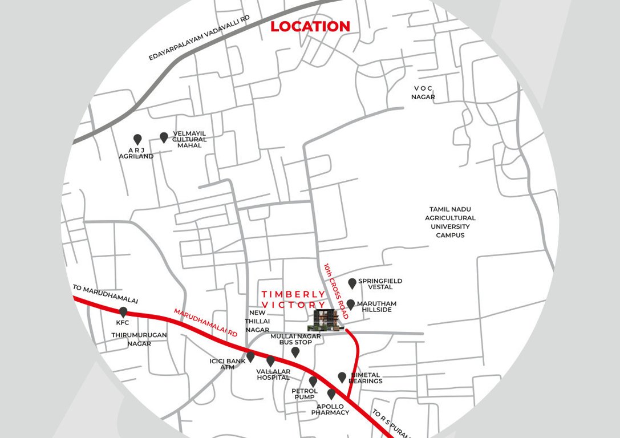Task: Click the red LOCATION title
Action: tap(310, 26)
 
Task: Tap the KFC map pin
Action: tap(123, 312)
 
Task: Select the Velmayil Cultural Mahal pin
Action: tap(164, 137)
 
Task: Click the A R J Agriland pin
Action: tap(137, 139)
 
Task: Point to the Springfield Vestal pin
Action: tap(352, 283)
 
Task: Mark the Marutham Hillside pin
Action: tap(351, 305)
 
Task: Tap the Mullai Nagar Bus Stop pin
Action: tap(295, 352)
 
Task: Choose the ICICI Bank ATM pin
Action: tap(250, 357)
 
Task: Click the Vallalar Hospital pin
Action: tap(270, 361)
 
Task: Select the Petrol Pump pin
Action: tap(313, 381)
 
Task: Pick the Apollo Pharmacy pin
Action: tap(331, 394)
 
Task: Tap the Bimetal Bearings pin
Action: tap(342, 377)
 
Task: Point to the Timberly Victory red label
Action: tap(294, 299)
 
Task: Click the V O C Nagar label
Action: tap(423, 92)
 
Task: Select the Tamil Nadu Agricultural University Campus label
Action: tap(450, 222)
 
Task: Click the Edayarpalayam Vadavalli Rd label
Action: tap(200, 38)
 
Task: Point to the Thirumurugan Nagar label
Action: tap(131, 339)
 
